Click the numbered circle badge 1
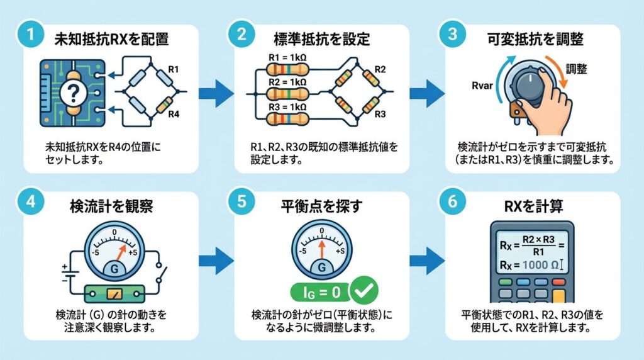30,34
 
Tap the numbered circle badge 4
30,201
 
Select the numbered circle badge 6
452,201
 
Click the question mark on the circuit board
73,94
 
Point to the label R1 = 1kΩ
287,58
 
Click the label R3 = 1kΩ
287,107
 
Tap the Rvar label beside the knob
482,86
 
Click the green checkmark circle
364,291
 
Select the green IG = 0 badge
320,292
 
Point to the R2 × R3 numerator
538,240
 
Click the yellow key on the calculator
558,296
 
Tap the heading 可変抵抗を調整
535,39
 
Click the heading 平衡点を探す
321,206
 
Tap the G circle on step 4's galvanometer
114,268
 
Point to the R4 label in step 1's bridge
174,115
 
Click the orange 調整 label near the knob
576,69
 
